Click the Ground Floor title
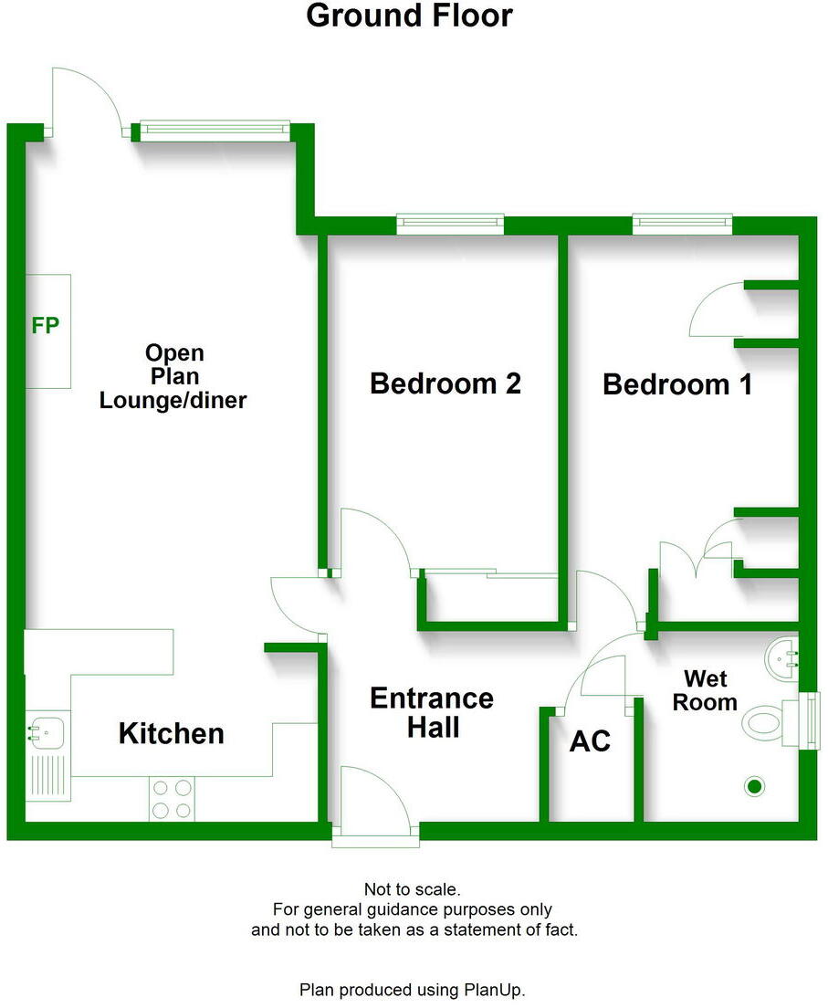click(x=409, y=16)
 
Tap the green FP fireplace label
click(x=46, y=325)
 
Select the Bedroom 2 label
click(x=445, y=383)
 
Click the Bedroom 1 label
click(x=677, y=384)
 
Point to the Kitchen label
click(x=171, y=733)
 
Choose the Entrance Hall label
click(x=432, y=713)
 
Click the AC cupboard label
click(x=590, y=741)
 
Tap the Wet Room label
click(x=710, y=690)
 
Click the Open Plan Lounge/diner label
click(x=173, y=376)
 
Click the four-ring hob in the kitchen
click(x=171, y=798)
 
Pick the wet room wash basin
click(x=783, y=655)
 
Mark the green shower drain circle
click(x=754, y=786)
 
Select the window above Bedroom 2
click(x=450, y=222)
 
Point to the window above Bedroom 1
click(x=682, y=222)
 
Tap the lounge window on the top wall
click(x=215, y=130)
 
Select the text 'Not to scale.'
click(x=413, y=888)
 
